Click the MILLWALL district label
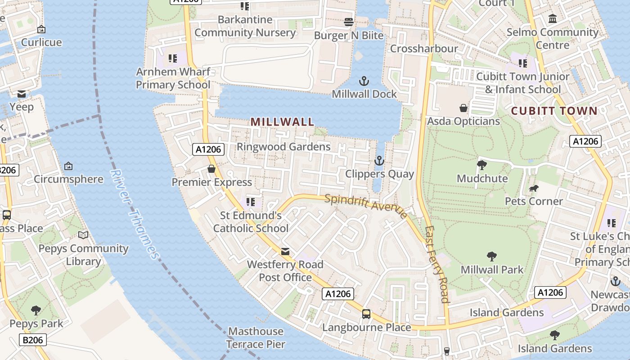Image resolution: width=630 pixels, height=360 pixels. tap(282, 121)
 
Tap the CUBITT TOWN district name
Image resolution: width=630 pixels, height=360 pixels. tap(554, 111)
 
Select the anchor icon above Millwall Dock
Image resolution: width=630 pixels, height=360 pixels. tap(364, 81)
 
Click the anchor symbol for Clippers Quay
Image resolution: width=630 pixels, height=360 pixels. tap(379, 161)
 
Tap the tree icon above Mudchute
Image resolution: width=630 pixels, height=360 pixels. tap(482, 165)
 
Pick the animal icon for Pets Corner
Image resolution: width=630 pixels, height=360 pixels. tap(534, 188)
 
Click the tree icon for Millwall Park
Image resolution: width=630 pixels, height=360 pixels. tap(492, 256)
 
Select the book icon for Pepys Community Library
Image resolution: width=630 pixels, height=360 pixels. tap(83, 235)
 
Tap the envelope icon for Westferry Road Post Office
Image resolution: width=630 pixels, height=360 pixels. tap(285, 251)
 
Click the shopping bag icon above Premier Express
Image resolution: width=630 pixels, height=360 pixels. tap(211, 169)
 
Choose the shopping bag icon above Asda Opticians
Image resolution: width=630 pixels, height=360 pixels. tap(463, 108)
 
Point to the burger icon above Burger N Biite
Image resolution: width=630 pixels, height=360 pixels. tap(348, 22)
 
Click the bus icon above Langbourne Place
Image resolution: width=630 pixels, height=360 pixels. tap(366, 314)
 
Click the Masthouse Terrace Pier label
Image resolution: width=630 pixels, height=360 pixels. tap(256, 338)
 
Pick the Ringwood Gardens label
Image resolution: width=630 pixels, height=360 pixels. tap(283, 147)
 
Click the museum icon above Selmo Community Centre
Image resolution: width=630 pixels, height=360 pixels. tap(553, 19)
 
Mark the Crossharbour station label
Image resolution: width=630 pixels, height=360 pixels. tap(424, 49)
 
